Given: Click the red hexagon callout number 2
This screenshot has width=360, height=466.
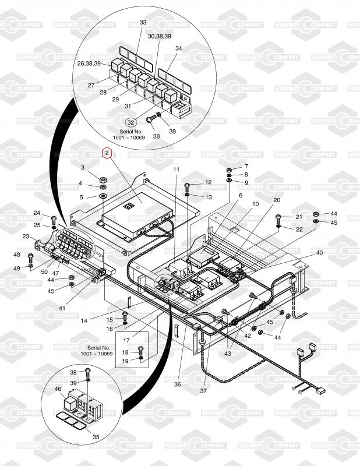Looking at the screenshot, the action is pos(107,153).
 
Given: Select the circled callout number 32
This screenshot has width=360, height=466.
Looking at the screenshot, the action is pos(131,122).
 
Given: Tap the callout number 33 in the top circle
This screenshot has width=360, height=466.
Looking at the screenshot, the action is pos(143,23).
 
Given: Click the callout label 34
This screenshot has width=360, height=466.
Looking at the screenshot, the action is pos(178,48).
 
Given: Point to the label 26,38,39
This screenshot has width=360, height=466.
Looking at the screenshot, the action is pos(89,63).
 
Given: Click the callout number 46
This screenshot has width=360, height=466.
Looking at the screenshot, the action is pos(58,389).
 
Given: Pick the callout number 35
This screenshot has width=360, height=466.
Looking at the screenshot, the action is pos(96,437).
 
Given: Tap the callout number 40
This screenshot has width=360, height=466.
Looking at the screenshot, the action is pos(319,253).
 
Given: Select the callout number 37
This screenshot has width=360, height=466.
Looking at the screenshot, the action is pos(203,391).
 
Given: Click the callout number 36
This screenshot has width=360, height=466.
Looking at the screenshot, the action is pos(178,384).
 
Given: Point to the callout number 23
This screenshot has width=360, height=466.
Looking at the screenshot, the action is pos(26,236).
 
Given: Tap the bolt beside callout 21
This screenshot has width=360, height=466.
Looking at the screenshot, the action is pos(278,218).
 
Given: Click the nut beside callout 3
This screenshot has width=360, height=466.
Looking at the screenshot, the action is pos(103,180).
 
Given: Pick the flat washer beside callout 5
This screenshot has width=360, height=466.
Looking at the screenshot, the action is pos(103,196).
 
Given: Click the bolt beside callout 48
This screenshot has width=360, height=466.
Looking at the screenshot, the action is pos(31,257).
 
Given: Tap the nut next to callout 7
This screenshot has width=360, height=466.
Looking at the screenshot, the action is pos(229,170).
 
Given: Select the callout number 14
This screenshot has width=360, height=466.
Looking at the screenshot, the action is pos(84,321).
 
